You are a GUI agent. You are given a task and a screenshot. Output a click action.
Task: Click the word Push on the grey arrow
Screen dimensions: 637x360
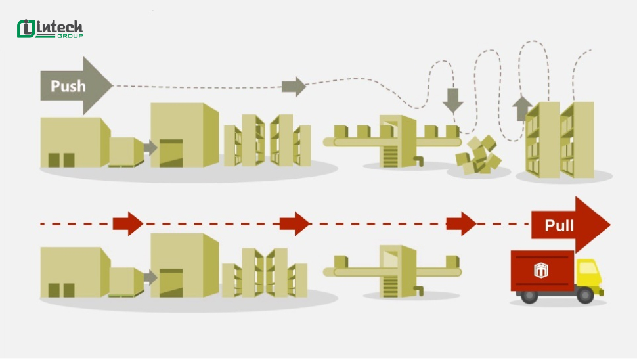tap(68, 86)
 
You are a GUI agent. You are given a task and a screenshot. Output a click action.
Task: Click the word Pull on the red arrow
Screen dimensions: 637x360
tap(559, 225)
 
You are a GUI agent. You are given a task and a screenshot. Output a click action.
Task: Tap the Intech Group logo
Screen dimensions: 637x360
tap(50, 29)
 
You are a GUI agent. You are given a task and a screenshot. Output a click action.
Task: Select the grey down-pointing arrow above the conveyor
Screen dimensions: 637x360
tap(452, 101)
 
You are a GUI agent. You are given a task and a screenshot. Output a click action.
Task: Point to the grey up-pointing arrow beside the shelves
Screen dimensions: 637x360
tap(522, 108)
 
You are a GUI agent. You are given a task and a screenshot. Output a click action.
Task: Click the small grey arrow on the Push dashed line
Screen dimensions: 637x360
tap(294, 86)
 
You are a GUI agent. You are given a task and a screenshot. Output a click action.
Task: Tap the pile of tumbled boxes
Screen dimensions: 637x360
tap(479, 155)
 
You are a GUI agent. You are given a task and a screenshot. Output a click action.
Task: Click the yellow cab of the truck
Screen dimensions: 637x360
tap(589, 274)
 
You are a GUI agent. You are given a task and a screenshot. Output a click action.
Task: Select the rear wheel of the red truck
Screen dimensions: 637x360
tap(529, 296)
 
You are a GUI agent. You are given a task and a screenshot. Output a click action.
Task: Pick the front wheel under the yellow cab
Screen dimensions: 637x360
tap(585, 296)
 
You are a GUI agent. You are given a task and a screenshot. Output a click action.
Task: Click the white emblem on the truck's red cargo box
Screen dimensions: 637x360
tap(541, 270)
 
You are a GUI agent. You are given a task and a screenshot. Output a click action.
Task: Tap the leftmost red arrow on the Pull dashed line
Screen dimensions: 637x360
tap(128, 223)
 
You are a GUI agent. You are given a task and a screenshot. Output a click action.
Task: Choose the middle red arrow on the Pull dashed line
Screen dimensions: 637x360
tap(295, 223)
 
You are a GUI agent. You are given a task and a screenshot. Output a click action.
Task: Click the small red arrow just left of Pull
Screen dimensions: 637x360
tap(461, 223)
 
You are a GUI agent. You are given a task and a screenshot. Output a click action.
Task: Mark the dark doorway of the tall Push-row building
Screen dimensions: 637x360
tap(171, 153)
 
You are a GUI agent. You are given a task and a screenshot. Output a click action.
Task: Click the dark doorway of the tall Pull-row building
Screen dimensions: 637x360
tap(171, 282)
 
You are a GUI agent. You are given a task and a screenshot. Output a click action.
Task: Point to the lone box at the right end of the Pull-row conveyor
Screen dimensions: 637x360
tap(452, 261)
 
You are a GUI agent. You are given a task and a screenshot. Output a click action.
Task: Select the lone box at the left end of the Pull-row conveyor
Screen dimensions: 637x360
tap(341, 261)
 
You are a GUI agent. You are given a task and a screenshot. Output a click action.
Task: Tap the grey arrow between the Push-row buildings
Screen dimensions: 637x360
tap(150, 148)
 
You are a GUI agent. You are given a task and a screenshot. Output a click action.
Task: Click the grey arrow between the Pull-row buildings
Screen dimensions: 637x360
tap(150, 278)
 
